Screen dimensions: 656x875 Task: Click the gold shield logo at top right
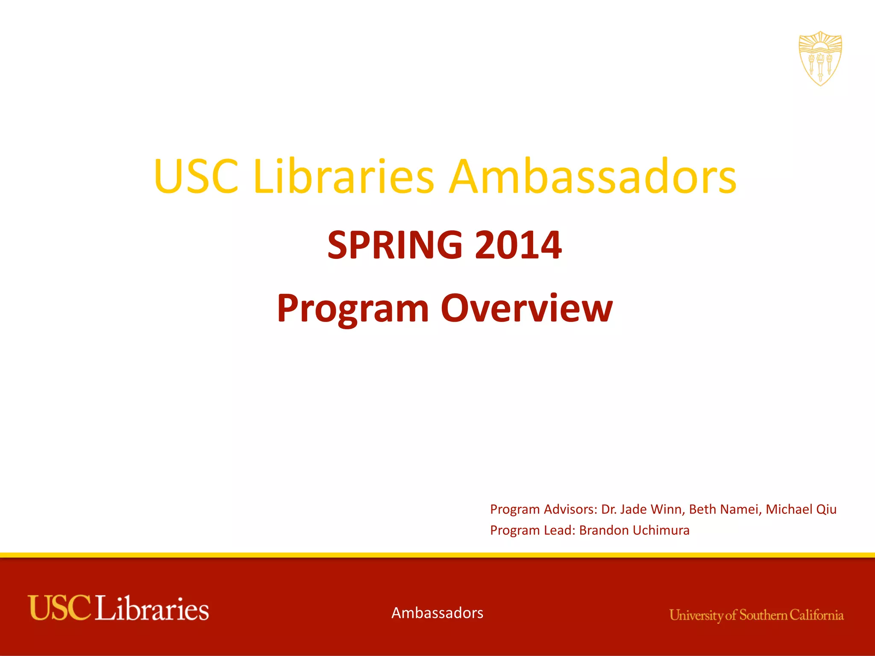(820, 59)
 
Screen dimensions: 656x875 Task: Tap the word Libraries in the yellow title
(344, 176)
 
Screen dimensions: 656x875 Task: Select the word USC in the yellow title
(196, 176)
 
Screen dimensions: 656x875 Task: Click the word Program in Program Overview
(353, 309)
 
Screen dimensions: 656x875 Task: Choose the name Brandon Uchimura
(634, 530)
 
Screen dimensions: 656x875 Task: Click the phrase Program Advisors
(543, 509)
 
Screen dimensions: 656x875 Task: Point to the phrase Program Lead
(532, 530)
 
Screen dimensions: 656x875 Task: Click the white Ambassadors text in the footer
(437, 613)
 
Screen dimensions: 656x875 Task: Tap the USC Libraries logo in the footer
(118, 608)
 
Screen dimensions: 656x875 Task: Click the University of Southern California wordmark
(756, 615)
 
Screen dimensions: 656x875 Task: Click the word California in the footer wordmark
(816, 615)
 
